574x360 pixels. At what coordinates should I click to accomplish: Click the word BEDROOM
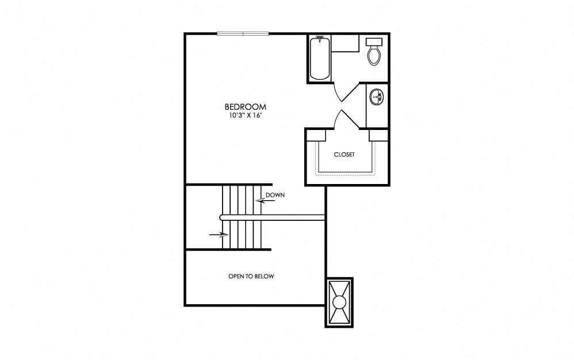246,107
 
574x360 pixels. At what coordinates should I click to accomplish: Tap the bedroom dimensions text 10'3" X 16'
246,116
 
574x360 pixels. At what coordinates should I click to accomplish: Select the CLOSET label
344,155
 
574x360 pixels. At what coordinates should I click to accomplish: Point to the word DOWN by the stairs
275,195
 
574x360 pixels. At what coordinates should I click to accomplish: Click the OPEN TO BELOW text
251,277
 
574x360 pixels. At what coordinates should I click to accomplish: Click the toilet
374,55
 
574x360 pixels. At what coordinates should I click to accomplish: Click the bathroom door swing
343,91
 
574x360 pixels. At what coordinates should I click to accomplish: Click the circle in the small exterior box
339,302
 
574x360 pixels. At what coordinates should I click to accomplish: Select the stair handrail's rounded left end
223,217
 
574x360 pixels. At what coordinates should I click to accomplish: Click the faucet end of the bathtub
319,40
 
